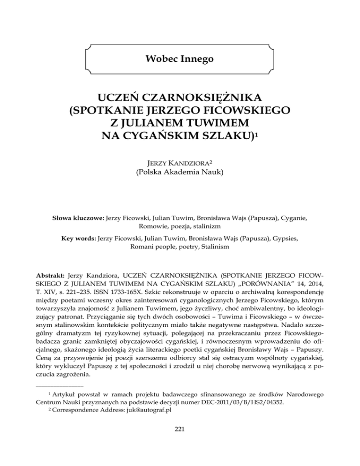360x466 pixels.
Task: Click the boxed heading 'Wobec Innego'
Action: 180,60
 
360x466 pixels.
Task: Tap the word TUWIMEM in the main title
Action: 217,124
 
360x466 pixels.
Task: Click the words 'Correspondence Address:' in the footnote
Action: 88,426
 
